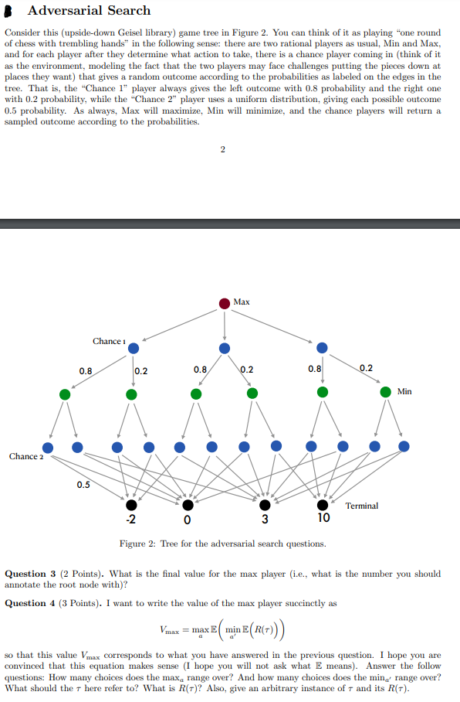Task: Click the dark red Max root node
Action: pyautogui.click(x=224, y=303)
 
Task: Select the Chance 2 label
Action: pyautogui.click(x=25, y=456)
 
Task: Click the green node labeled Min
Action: pyautogui.click(x=386, y=393)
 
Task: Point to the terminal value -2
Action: pyautogui.click(x=132, y=518)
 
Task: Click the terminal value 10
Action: pyautogui.click(x=323, y=518)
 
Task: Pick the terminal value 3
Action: pyautogui.click(x=264, y=519)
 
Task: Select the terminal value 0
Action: pyautogui.click(x=188, y=519)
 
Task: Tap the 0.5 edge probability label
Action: pyautogui.click(x=83, y=485)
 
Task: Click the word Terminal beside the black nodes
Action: pyautogui.click(x=361, y=506)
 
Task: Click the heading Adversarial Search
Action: pyautogui.click(x=89, y=11)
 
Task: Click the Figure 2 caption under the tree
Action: pyautogui.click(x=222, y=544)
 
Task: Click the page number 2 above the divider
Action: pyautogui.click(x=222, y=150)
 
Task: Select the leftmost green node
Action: pyautogui.click(x=65, y=394)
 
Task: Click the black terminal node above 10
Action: pyautogui.click(x=323, y=504)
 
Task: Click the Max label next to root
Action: pyautogui.click(x=241, y=302)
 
